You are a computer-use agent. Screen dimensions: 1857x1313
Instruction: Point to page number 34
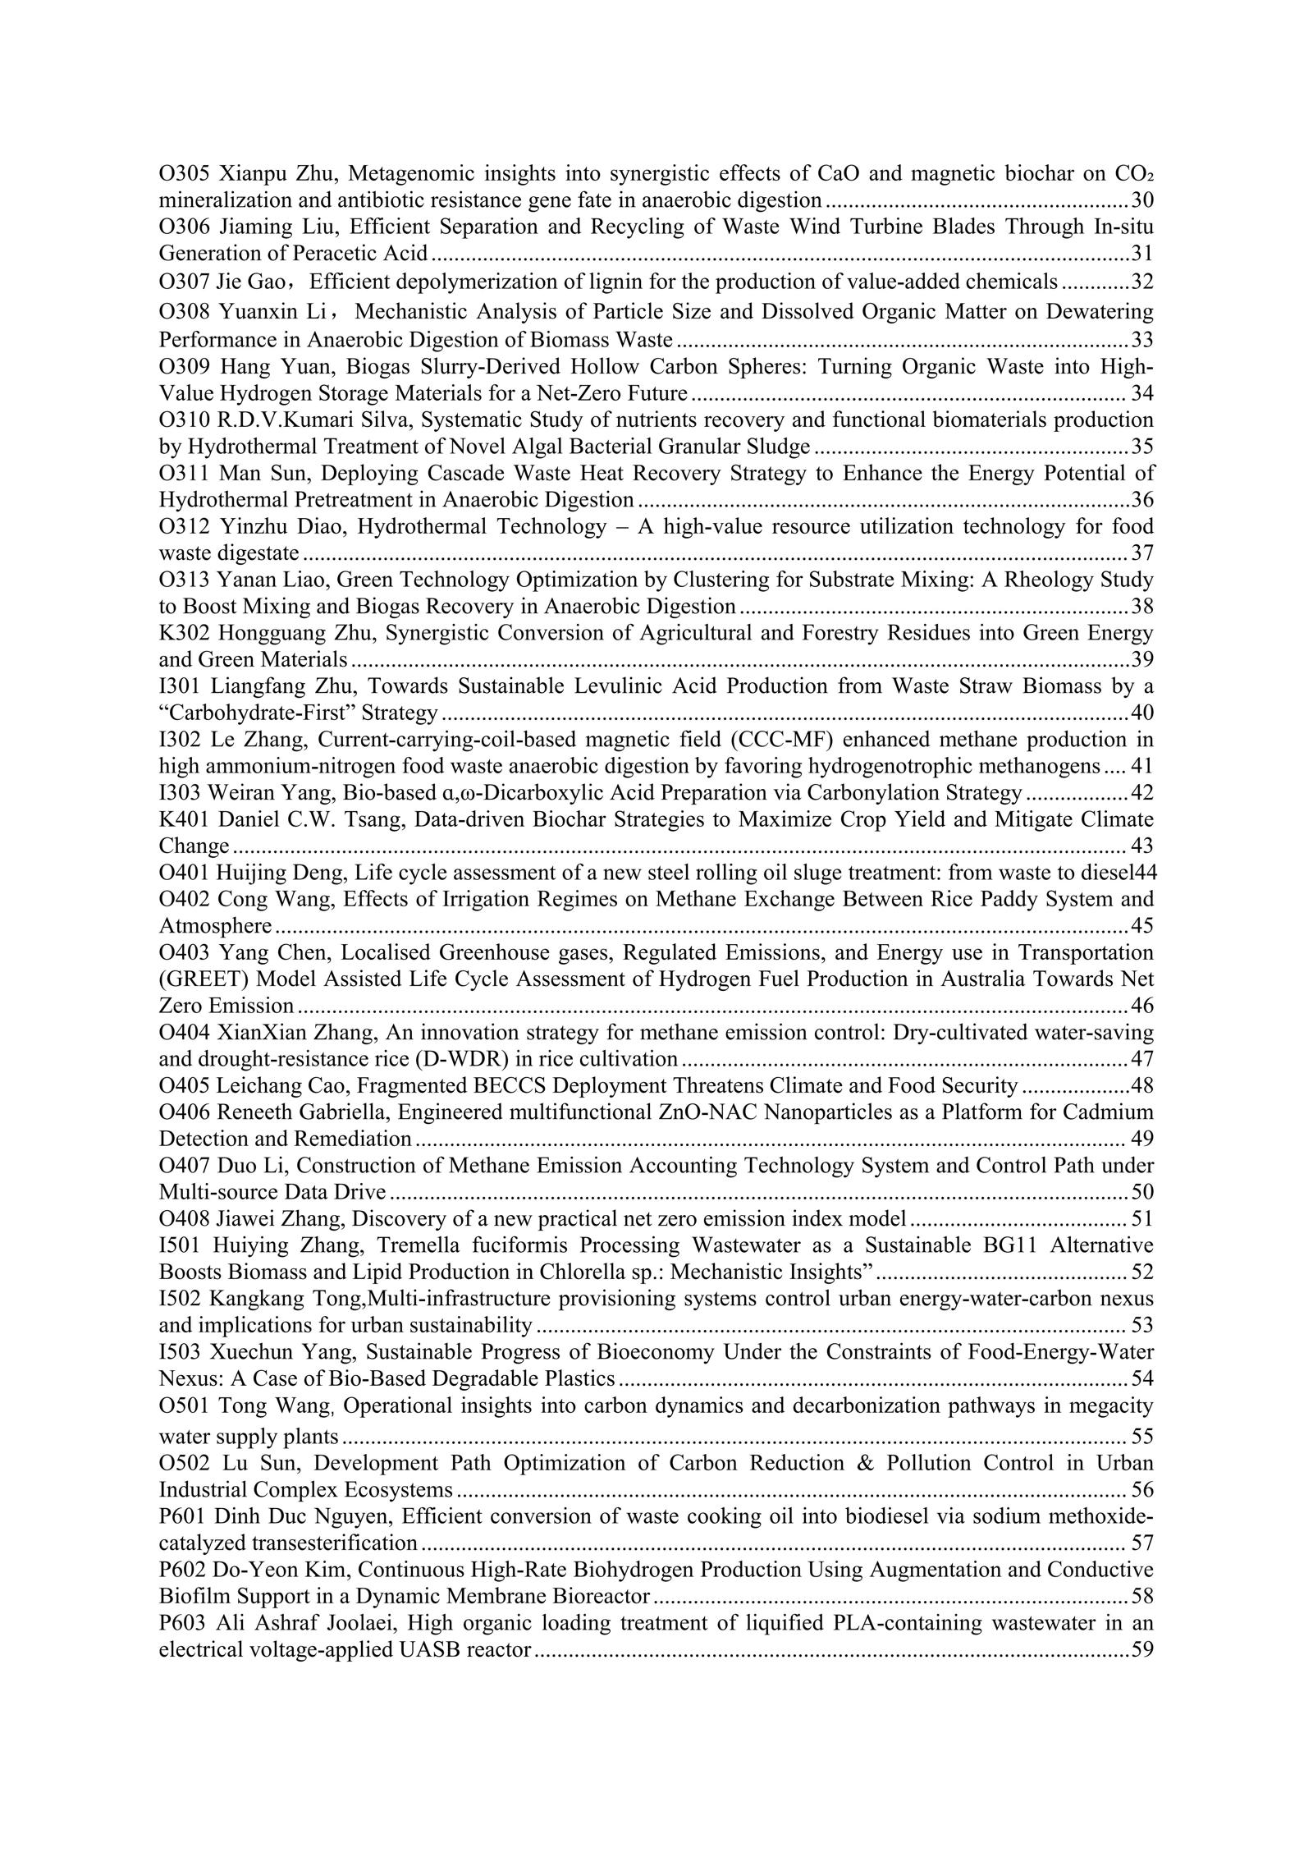coord(1141,394)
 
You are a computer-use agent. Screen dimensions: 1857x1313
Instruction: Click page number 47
coord(1141,1059)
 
